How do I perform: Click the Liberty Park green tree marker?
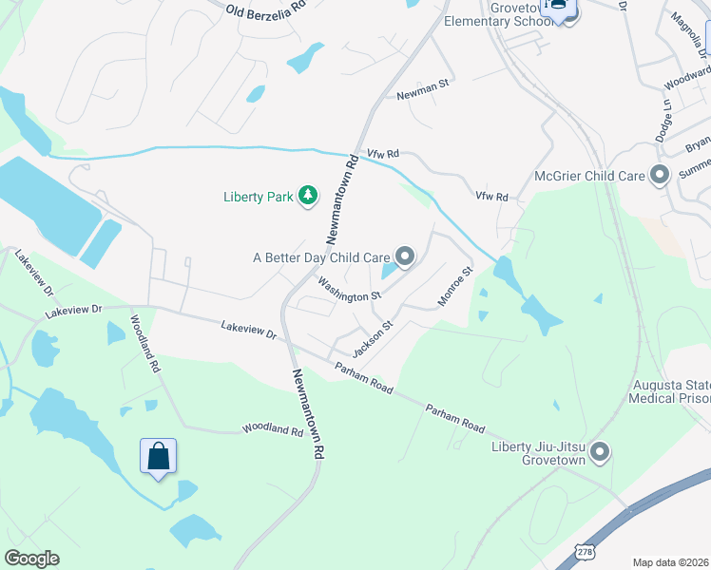[x=308, y=197]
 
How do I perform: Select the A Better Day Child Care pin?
[x=405, y=256]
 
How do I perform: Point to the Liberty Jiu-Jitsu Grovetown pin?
[x=599, y=453]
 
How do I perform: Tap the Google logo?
[x=31, y=559]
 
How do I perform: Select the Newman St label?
[x=421, y=95]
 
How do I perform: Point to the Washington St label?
[x=349, y=290]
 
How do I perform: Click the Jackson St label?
[x=372, y=337]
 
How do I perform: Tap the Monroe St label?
[x=454, y=286]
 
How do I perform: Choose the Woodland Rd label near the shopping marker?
[x=272, y=430]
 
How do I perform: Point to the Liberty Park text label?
[x=258, y=198]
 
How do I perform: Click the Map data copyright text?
[x=671, y=562]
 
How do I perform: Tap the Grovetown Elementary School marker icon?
[x=569, y=12]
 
